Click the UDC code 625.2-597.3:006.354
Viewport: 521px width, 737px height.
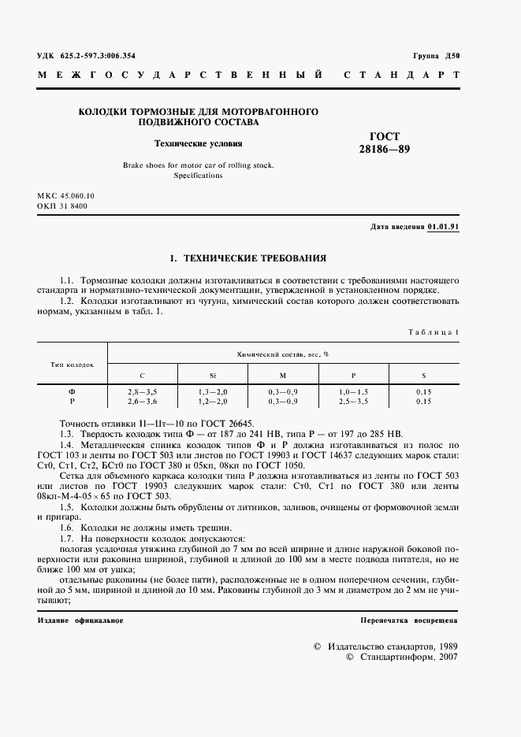tap(86, 56)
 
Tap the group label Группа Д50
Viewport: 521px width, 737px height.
tap(436, 56)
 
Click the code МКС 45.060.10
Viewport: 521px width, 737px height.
tap(65, 194)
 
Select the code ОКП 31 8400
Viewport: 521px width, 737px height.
tap(62, 206)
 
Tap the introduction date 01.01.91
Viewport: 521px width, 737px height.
tap(444, 227)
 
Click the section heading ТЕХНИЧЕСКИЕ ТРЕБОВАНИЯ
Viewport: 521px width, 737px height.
tap(254, 257)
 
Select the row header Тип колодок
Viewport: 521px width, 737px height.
tap(73, 365)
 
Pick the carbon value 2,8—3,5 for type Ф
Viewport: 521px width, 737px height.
tap(142, 391)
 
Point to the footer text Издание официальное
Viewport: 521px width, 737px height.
tap(80, 620)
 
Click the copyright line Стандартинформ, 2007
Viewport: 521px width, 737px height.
tap(401, 657)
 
